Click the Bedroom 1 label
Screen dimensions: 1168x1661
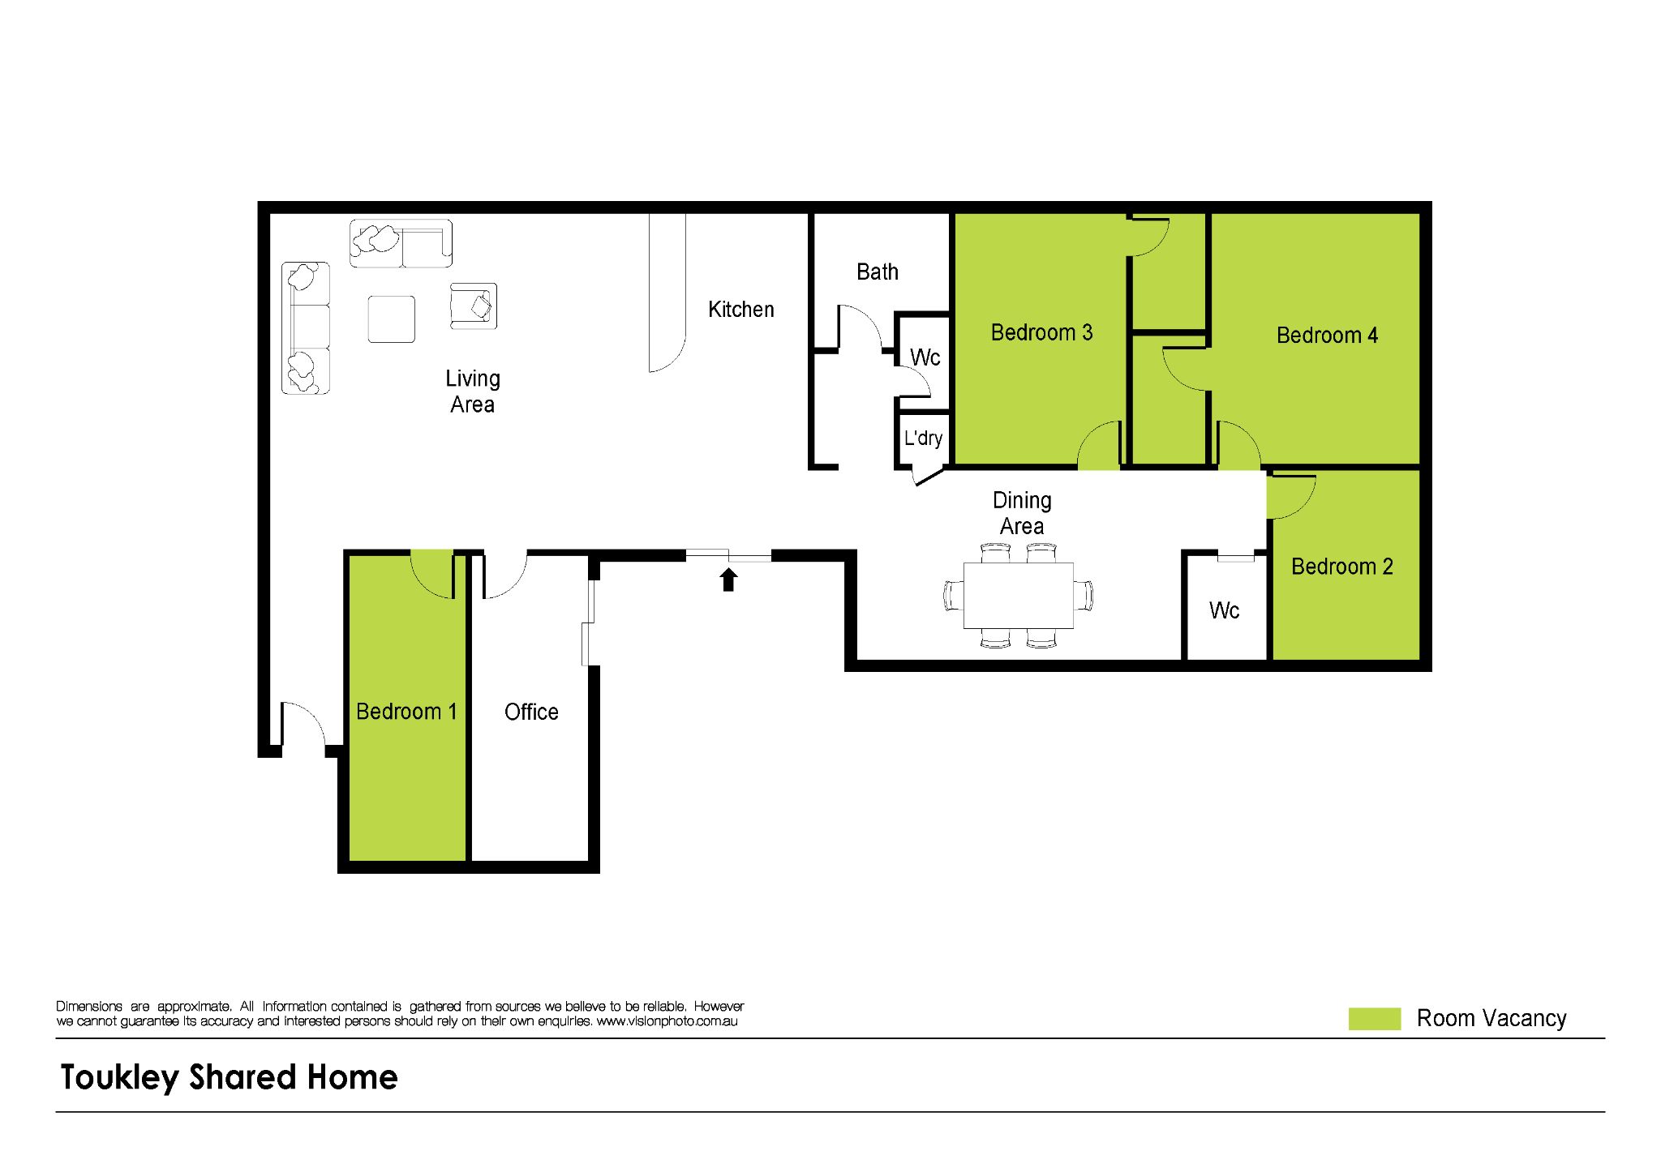pyautogui.click(x=406, y=712)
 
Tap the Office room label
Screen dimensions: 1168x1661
pyautogui.click(x=531, y=712)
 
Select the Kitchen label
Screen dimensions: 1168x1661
pyautogui.click(x=740, y=310)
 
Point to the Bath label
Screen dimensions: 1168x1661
pyautogui.click(x=878, y=272)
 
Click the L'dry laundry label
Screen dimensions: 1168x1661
pyautogui.click(x=923, y=439)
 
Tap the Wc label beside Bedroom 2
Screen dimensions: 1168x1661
pyautogui.click(x=1224, y=610)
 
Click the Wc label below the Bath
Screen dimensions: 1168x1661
pyautogui.click(x=925, y=357)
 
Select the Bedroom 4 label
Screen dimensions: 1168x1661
pyautogui.click(x=1327, y=336)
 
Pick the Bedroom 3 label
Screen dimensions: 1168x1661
pyautogui.click(x=1041, y=332)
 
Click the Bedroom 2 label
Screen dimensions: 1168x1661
pyautogui.click(x=1341, y=567)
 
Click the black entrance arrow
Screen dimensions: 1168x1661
pyautogui.click(x=728, y=579)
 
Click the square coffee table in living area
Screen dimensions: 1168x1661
pyautogui.click(x=392, y=319)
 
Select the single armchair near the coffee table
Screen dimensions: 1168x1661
pyautogui.click(x=474, y=306)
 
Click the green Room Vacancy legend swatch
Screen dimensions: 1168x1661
pyautogui.click(x=1374, y=1019)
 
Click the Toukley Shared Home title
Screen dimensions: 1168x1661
pyautogui.click(x=230, y=1077)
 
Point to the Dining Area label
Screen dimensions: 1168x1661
pyautogui.click(x=1022, y=513)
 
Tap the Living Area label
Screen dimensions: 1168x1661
pyautogui.click(x=473, y=391)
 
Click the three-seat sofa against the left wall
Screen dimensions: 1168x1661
pyautogui.click(x=306, y=328)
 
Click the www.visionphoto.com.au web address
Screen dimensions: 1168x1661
pyautogui.click(x=667, y=1021)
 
